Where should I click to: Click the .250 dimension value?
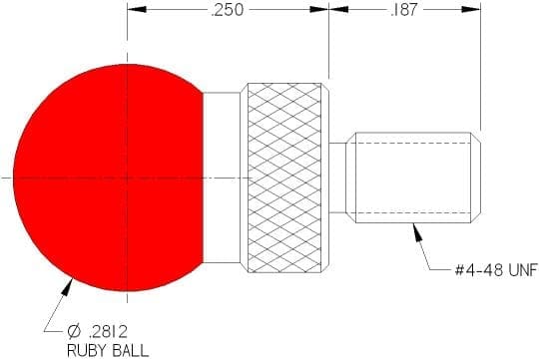coord(228,10)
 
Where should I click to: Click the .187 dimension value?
coord(404,10)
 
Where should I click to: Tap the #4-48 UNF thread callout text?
coord(496,270)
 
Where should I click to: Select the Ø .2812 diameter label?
coord(98,331)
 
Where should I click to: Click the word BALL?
coord(131,351)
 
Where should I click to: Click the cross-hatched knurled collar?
coord(284,178)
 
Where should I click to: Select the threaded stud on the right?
coord(413,178)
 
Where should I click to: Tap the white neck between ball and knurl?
coord(222,178)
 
